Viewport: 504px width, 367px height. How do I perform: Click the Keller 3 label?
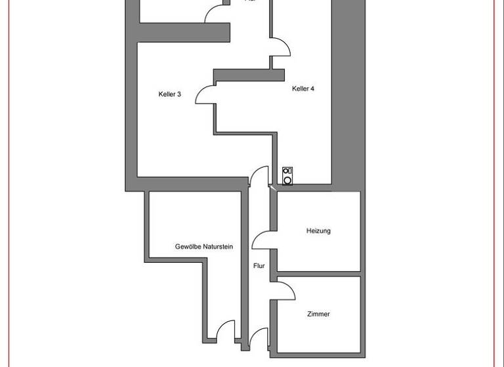point(169,94)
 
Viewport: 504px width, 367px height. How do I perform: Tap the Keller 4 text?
point(303,88)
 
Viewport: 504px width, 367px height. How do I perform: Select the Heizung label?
point(318,231)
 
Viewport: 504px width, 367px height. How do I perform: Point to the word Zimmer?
point(318,315)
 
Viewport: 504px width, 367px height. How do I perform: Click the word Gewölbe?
point(189,247)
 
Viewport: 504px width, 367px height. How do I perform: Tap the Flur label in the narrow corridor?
point(259,266)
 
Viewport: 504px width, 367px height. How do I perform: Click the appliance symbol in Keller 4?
point(287,175)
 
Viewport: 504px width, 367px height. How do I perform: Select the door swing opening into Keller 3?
point(205,94)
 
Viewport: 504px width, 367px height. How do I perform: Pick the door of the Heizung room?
point(264,240)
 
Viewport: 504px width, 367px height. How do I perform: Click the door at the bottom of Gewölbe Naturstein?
point(226,330)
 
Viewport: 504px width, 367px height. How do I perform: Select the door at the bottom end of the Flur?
point(260,338)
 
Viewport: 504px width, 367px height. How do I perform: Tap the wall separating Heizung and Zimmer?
point(319,273)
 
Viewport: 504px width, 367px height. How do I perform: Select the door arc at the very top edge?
point(215,13)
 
